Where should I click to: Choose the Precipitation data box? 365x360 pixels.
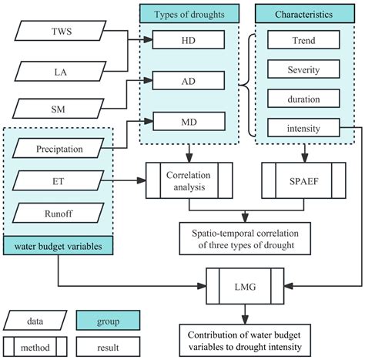click(x=59, y=146)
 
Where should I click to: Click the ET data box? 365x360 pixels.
click(x=59, y=180)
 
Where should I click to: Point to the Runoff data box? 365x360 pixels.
click(x=59, y=212)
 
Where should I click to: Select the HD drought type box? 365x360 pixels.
click(x=189, y=40)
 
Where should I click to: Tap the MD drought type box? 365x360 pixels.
click(x=189, y=120)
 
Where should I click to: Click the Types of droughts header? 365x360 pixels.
click(x=188, y=13)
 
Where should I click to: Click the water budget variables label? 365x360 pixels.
click(x=59, y=246)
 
